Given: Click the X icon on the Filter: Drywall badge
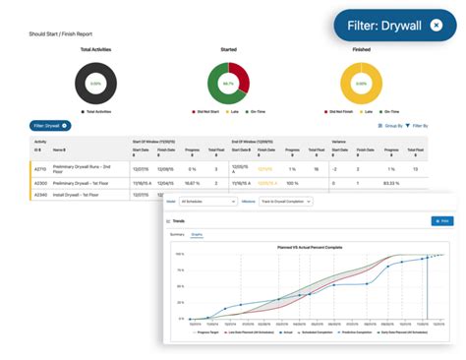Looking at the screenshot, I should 436,24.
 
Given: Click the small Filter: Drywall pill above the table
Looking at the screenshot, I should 51,126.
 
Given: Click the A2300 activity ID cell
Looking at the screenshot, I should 41,183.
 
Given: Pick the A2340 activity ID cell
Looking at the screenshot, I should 41,195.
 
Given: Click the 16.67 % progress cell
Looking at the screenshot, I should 192,183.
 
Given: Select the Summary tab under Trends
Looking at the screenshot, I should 177,234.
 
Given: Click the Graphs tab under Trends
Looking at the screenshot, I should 197,234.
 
